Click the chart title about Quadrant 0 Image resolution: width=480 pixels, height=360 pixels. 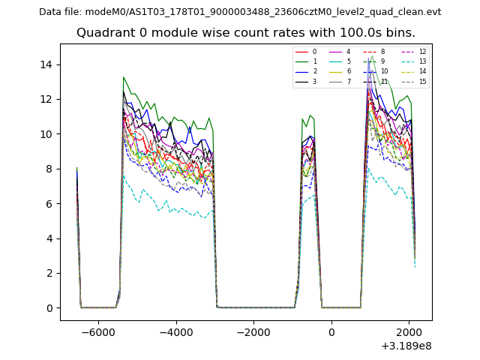pyautogui.click(x=246, y=33)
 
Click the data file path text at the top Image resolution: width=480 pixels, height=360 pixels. pyautogui.click(x=240, y=12)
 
